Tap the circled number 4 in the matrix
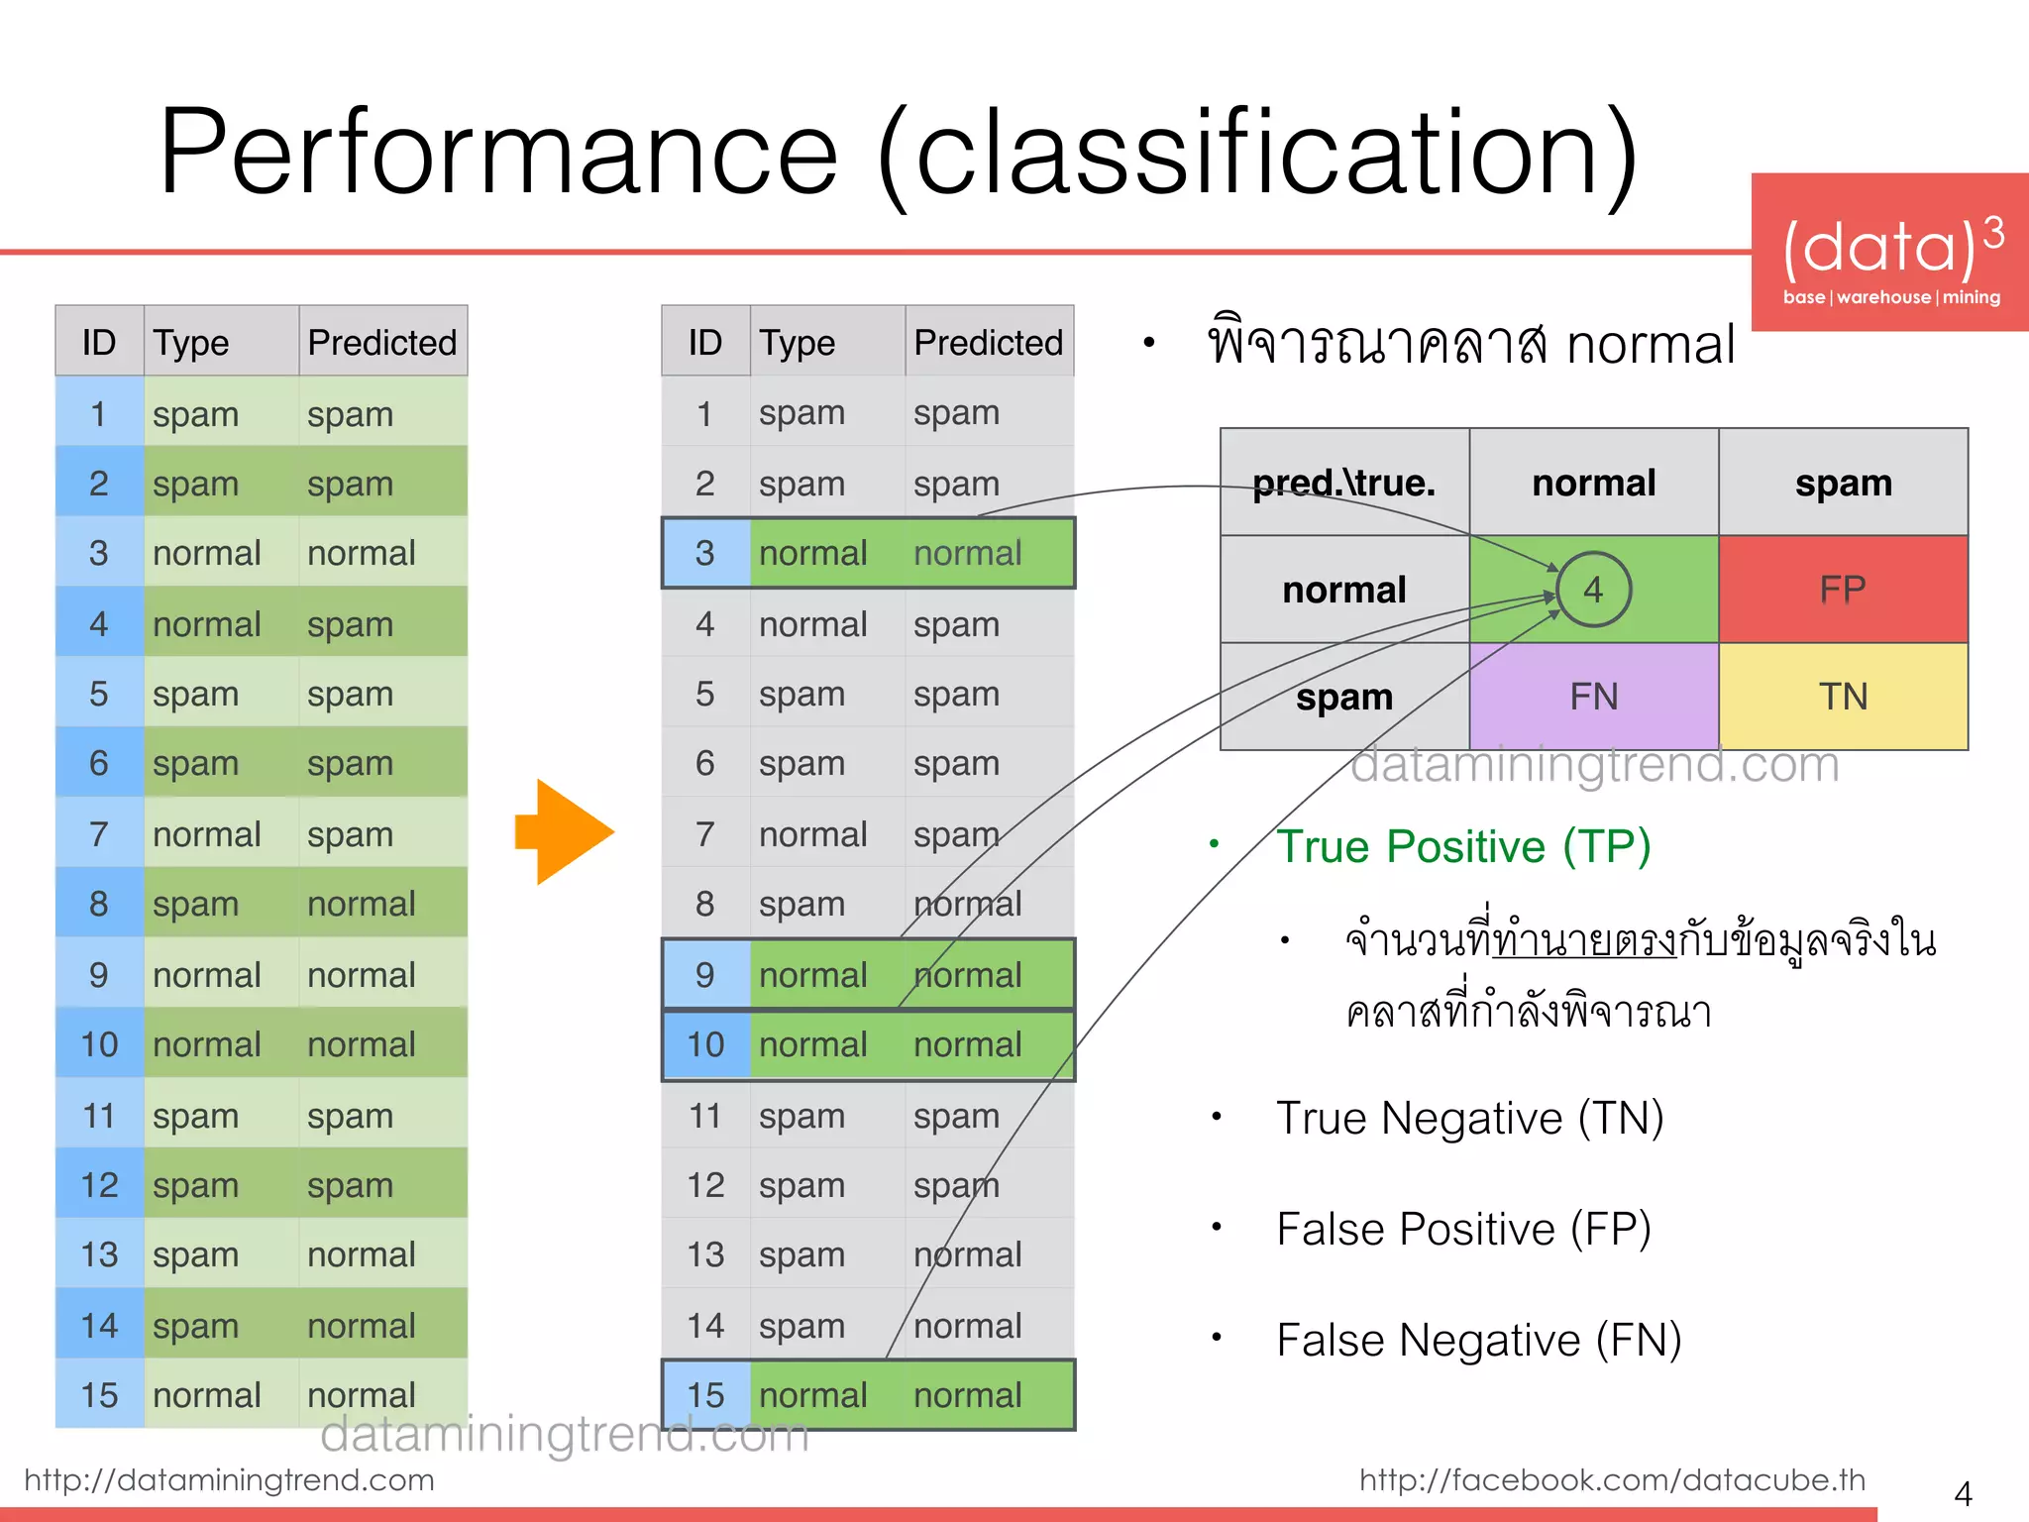click(x=1593, y=590)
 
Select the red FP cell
click(x=1843, y=590)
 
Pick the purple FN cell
click(x=1593, y=697)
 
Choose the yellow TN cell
click(x=1843, y=697)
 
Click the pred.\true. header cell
click(x=1344, y=483)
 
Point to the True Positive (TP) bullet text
click(x=1462, y=846)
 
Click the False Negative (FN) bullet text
click(x=1478, y=1340)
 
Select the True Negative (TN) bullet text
click(x=1469, y=1118)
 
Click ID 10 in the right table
click(x=705, y=1044)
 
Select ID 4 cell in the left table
click(x=99, y=624)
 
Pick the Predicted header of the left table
click(x=382, y=342)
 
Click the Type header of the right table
click(x=798, y=342)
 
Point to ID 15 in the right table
click(x=705, y=1395)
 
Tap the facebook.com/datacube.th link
click(x=1612, y=1479)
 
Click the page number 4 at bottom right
click(x=1963, y=1492)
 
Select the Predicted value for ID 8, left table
click(x=362, y=904)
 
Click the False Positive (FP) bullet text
click(x=1463, y=1229)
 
